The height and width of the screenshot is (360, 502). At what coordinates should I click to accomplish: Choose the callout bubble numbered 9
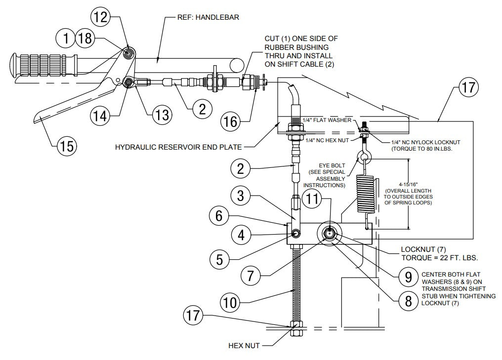coord(408,278)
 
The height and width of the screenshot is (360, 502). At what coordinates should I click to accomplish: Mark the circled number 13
coord(161,115)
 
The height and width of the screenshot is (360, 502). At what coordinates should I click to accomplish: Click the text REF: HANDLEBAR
coord(208,17)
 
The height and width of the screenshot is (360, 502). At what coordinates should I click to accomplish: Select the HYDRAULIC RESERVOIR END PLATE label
coord(178,147)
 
